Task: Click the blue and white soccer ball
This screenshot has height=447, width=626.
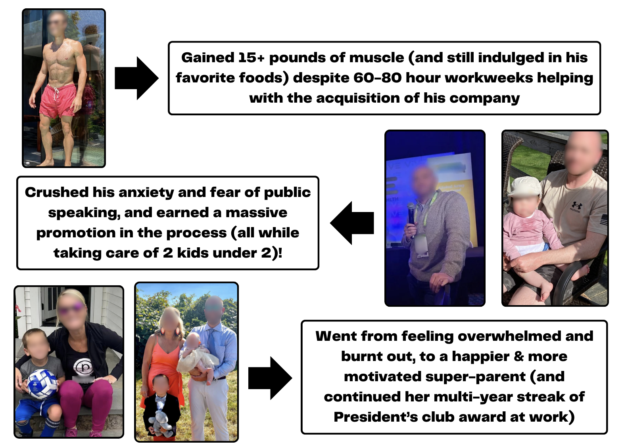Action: pyautogui.click(x=42, y=384)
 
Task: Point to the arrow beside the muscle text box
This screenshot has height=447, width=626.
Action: pyautogui.click(x=136, y=78)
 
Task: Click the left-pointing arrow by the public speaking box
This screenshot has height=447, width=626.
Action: pyautogui.click(x=352, y=223)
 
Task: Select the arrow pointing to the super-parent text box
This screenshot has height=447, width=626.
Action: pyautogui.click(x=270, y=378)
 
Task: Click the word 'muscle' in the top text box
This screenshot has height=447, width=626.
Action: pyautogui.click(x=376, y=58)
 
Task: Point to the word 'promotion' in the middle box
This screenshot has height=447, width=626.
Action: pyautogui.click(x=76, y=233)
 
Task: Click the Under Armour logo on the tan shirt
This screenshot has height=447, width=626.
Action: pyautogui.click(x=576, y=206)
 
